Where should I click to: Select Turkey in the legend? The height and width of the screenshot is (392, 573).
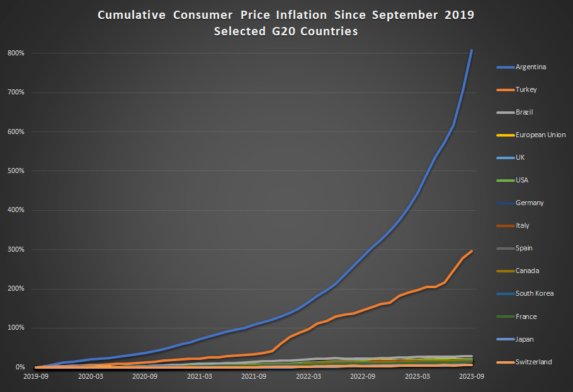[x=526, y=89]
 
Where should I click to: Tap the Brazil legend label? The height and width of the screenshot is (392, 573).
[x=525, y=112]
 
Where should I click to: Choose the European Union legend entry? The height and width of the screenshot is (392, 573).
[x=540, y=135]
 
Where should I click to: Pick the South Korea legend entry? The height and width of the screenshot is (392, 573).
[x=535, y=293]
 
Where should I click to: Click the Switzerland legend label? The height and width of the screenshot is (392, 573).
[x=533, y=362]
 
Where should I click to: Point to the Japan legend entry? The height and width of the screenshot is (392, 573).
[x=525, y=339]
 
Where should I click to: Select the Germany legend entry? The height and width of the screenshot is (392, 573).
[x=530, y=203]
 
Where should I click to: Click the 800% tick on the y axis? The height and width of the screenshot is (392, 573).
[x=16, y=53]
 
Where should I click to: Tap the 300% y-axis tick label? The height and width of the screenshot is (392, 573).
[x=16, y=249]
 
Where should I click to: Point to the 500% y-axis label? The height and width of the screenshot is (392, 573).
[x=16, y=171]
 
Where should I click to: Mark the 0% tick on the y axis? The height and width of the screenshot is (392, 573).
[x=20, y=367]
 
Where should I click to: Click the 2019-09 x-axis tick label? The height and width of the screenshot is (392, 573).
[x=36, y=376]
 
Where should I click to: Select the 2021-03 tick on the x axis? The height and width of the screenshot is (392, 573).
[x=199, y=376]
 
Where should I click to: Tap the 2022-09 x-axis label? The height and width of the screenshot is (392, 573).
[x=363, y=376]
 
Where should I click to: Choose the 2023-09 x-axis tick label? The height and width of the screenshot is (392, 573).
[x=472, y=376]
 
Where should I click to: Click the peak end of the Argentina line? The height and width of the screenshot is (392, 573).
[x=472, y=50]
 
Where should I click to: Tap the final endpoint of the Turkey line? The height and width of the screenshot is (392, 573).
[x=472, y=251]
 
